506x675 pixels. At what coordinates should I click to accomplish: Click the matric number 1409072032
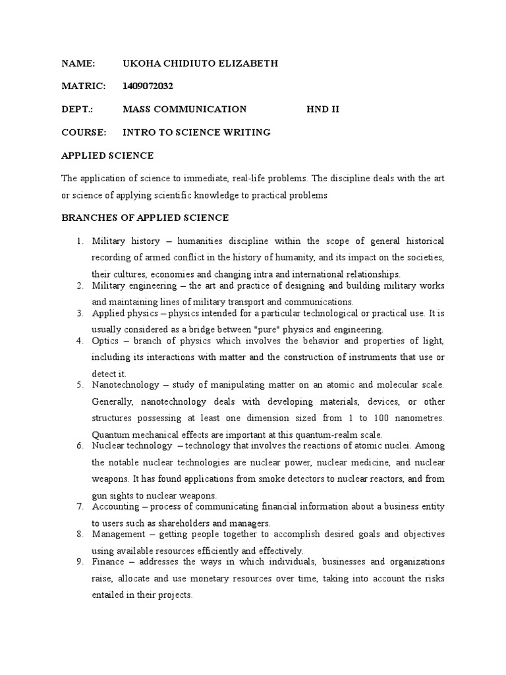148,86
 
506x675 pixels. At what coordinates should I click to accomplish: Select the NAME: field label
78,63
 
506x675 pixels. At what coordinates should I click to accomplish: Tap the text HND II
323,109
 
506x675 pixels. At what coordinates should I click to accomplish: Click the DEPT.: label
77,109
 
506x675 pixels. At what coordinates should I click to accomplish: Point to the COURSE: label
84,132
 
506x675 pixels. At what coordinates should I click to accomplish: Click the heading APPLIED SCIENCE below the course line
107,156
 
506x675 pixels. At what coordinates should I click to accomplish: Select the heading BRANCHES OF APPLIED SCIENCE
145,218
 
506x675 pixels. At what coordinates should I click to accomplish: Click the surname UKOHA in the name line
139,63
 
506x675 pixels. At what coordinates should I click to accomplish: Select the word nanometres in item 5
417,418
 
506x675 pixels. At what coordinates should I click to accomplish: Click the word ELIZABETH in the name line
248,63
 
